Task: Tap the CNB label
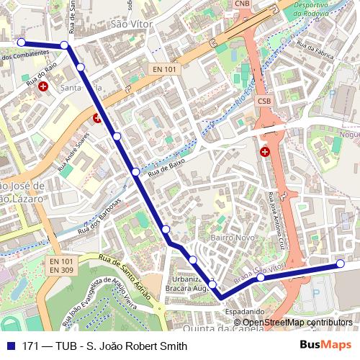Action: pyautogui.click(x=243, y=4)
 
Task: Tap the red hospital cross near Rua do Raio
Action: pyautogui.click(x=44, y=86)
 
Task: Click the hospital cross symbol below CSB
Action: pyautogui.click(x=265, y=151)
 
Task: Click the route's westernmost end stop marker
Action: pyautogui.click(x=21, y=43)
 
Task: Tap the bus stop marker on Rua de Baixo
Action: pyautogui.click(x=135, y=171)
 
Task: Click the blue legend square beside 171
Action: pyautogui.click(x=9, y=346)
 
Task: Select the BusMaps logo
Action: pyautogui.click(x=325, y=346)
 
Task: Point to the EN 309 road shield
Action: pyautogui.click(x=62, y=269)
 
